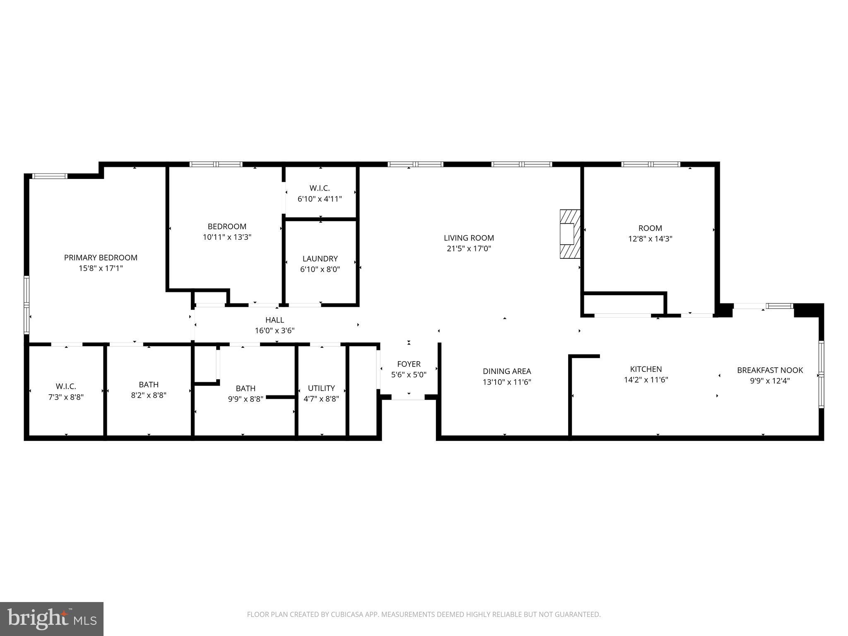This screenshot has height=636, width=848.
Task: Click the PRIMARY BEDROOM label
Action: pos(101,258)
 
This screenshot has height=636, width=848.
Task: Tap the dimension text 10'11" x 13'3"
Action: pos(227,237)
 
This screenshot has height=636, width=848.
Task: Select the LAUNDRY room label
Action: pos(320,259)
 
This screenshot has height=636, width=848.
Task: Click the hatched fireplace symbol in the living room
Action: pos(570,234)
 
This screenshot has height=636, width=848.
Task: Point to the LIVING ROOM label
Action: pos(469,238)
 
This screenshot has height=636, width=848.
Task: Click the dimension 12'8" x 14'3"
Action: pos(650,239)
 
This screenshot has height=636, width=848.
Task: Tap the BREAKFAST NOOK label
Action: pos(770,370)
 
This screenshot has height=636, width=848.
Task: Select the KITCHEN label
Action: pos(646,369)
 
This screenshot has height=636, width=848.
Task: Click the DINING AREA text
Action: pos(507,371)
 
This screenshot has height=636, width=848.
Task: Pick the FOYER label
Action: pos(409,364)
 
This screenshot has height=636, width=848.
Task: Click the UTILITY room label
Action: pos(321,388)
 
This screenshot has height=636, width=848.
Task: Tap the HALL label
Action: pos(275,320)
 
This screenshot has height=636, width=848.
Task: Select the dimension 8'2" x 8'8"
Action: pos(149,395)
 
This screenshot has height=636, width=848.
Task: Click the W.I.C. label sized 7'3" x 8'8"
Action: pos(66,387)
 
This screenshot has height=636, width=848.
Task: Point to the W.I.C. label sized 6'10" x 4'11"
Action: pos(320,188)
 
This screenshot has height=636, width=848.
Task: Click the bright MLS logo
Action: pos(52,619)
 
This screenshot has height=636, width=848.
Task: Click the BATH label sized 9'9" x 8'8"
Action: pos(246,388)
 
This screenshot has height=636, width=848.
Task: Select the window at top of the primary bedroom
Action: pos(50,176)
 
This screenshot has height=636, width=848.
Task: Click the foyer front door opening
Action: pos(408,397)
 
